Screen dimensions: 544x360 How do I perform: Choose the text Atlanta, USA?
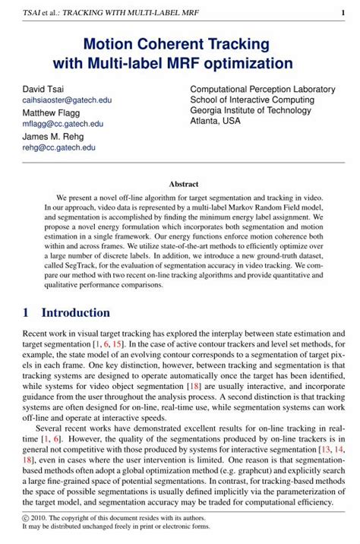click(215, 121)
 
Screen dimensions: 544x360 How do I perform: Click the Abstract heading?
click(183, 184)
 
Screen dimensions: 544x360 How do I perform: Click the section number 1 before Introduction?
click(26, 313)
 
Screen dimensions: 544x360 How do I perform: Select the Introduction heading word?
click(75, 313)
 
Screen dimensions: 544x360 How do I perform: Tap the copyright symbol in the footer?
click(26, 517)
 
